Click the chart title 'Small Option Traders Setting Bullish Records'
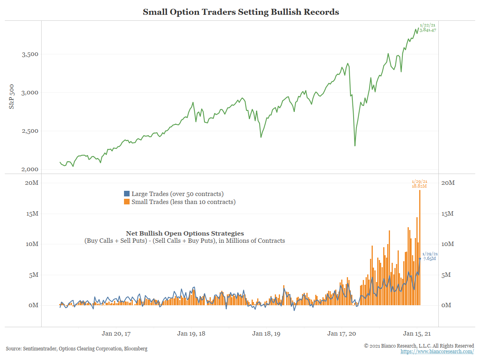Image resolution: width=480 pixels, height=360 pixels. tap(241, 12)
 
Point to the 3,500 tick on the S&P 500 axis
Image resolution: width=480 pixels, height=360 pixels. tap(30, 54)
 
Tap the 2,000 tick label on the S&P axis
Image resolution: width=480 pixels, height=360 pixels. tap(30, 169)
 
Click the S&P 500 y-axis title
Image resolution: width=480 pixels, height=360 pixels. tap(12, 96)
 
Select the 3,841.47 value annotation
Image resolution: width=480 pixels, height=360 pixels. tap(428, 30)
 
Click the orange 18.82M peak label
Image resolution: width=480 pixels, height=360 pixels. tap(419, 186)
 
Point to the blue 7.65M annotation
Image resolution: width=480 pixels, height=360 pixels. tap(429, 258)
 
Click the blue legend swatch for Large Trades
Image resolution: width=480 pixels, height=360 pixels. tap(127, 194)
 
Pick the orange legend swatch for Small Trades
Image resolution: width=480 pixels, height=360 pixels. tap(127, 202)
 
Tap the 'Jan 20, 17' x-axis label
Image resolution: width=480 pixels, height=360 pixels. tap(116, 334)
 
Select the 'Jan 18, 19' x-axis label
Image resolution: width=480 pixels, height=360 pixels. tap(266, 334)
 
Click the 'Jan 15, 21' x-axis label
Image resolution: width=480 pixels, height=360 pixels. tap(417, 334)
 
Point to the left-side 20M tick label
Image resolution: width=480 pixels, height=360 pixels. tap(31, 183)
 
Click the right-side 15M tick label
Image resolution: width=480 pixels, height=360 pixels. tap(448, 214)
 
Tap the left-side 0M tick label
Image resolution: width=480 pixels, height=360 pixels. tap(33, 305)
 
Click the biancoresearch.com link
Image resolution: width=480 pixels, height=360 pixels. tap(437, 352)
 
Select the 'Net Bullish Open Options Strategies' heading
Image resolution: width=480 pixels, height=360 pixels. tap(185, 234)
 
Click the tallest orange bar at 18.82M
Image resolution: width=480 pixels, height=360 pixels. tap(420, 248)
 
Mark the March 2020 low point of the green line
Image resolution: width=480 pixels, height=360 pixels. tap(355, 146)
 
